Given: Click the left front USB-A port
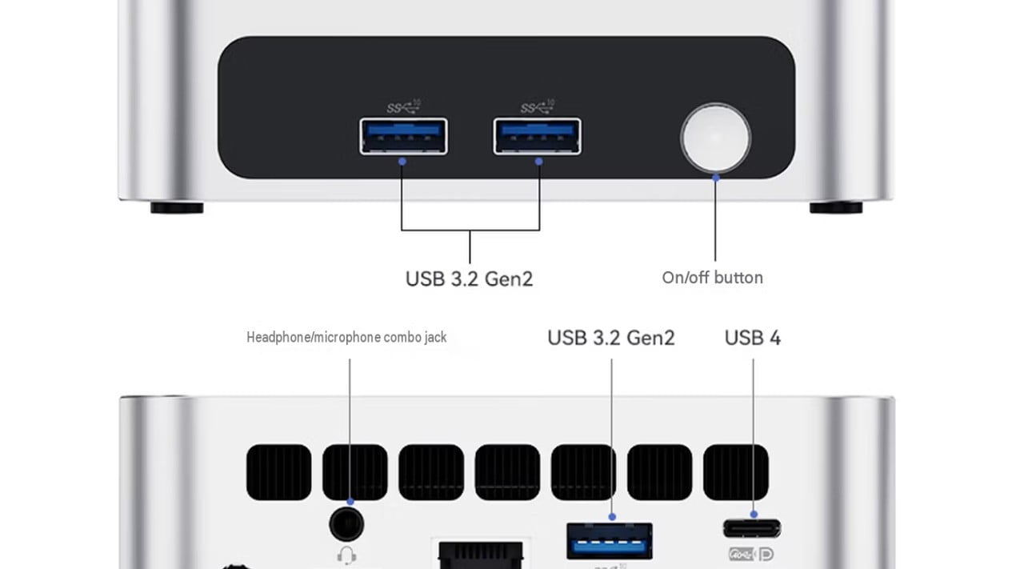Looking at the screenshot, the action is (403, 136).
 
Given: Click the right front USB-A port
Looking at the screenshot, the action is (537, 136).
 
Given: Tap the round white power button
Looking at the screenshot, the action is (716, 138).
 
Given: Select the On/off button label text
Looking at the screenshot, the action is (712, 278).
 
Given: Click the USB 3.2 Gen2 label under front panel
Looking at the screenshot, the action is (469, 278).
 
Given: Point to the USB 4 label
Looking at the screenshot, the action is (753, 338).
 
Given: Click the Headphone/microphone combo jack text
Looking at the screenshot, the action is (346, 337).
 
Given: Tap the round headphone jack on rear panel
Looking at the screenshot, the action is (346, 524).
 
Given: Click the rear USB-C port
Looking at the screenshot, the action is (752, 528).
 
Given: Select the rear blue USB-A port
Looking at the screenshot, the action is (610, 541).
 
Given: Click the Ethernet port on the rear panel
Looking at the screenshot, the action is (481, 555).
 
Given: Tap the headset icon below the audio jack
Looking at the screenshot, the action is (346, 555).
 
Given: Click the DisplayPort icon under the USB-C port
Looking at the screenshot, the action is (766, 554).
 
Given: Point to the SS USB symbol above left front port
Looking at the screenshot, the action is (403, 107).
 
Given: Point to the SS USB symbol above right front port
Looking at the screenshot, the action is (537, 107).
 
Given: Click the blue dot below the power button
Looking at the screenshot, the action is (716, 178).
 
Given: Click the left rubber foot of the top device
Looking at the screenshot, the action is (177, 207).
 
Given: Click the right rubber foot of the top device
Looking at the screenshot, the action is (836, 207).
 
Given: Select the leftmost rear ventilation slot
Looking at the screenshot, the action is (278, 472).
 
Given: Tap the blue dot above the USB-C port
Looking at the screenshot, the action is (754, 515).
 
